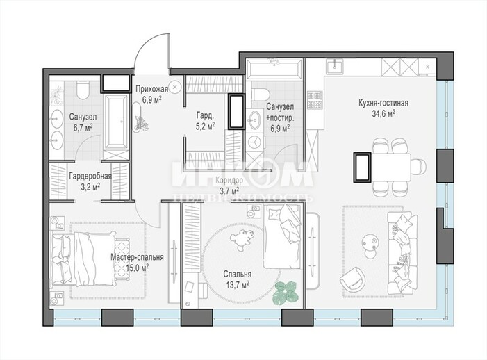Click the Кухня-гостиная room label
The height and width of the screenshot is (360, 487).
383,103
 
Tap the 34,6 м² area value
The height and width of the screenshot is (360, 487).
383,113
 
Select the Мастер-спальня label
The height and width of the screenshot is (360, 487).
138,258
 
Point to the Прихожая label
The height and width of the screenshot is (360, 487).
152,90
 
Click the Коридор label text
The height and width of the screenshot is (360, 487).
229,181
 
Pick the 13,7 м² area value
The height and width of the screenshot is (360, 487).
238,285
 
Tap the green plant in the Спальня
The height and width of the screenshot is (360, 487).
286,293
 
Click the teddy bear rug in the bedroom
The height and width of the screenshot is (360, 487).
242,238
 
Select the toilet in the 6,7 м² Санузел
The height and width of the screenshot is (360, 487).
83,90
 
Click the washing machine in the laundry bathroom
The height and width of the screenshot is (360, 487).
255,142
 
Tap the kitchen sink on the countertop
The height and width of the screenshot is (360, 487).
334,67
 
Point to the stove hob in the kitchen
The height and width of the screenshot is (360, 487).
315,99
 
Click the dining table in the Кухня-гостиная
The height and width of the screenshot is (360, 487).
391,167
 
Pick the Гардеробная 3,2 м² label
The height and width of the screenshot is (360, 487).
90,181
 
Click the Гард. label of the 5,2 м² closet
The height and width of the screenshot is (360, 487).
206,116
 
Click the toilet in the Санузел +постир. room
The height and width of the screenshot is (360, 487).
261,95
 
